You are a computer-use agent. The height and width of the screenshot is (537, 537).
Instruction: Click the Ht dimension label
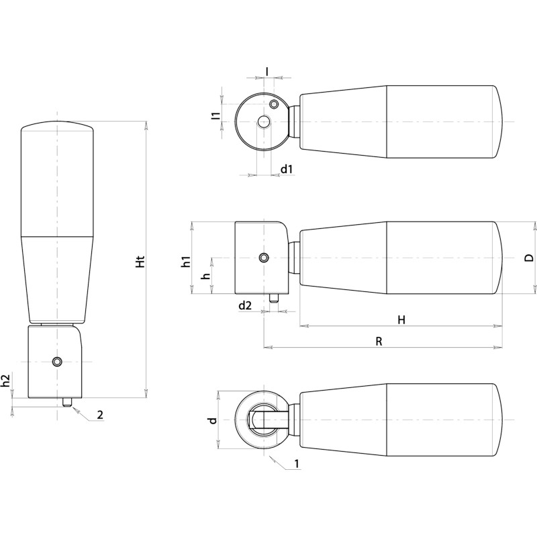pos(140,262)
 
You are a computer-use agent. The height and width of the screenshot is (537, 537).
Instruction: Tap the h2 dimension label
pos(6,383)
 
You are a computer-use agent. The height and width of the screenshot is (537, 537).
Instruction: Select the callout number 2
pos(99,415)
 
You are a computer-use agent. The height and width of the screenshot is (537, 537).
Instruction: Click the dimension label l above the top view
pos(267,70)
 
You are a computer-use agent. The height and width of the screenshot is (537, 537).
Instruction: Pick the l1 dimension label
pos(215,115)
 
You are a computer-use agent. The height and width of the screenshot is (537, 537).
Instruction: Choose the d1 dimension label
pos(287,168)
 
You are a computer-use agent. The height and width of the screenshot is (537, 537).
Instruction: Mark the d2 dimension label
pos(245,305)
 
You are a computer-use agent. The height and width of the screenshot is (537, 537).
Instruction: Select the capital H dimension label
pos(401,320)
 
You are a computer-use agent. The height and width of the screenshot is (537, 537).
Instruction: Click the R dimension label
pos(379,341)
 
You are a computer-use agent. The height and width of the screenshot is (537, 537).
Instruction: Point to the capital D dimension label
pos(529,258)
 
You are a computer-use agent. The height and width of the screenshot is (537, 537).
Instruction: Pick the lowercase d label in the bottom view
pos(212,420)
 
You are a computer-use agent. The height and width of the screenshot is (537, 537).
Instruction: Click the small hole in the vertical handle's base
pos(58,362)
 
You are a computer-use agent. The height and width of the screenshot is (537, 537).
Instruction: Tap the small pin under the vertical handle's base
pos(66,402)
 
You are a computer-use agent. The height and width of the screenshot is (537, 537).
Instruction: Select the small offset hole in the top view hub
pos(274,105)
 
